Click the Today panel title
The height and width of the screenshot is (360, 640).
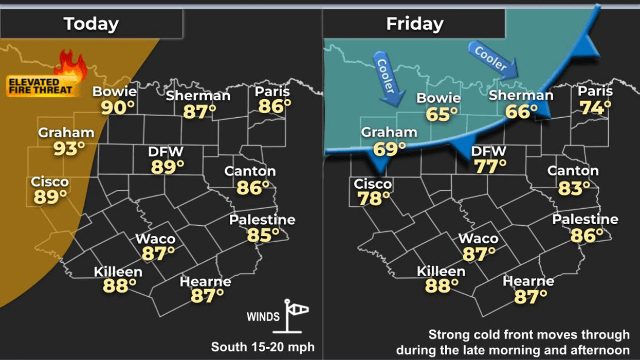tap(91, 24)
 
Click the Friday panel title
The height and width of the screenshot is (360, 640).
tap(414, 24)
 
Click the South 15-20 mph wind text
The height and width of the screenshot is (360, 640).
tap(263, 347)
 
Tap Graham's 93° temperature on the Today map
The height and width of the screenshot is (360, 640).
tap(69, 149)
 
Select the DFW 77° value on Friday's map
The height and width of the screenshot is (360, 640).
tap(490, 167)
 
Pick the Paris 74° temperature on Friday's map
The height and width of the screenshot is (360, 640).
tap(595, 107)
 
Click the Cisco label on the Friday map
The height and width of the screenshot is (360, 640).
tap(373, 184)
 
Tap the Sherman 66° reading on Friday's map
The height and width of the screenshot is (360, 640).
tap(521, 111)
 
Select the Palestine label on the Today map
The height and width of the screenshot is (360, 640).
tap(262, 220)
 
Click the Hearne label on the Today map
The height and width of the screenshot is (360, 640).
tap(206, 282)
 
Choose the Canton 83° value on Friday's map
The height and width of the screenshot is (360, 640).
tap(574, 188)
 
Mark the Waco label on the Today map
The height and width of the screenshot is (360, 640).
tap(155, 239)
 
